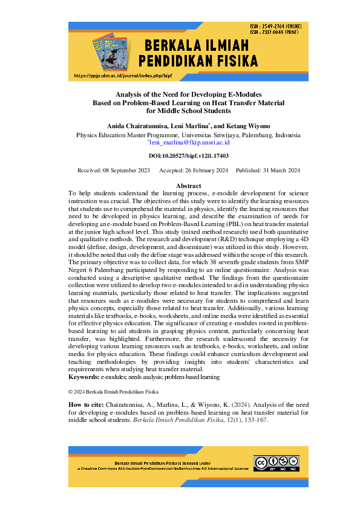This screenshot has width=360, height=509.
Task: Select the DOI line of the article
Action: [180, 156]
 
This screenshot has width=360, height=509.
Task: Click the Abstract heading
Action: [188, 185]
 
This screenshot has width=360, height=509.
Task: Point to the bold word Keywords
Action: [84, 377]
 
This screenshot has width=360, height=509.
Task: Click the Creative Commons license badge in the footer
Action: [277, 463]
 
